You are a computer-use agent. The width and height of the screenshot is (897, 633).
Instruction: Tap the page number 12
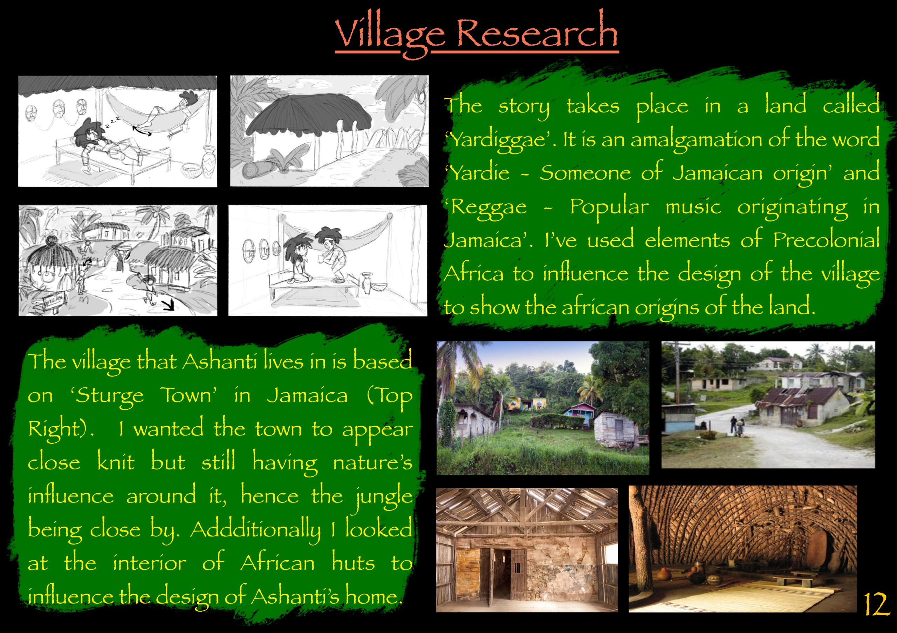point(876,605)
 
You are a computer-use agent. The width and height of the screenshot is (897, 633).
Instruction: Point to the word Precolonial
point(826,240)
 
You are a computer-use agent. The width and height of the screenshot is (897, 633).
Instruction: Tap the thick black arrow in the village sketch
point(169,304)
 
